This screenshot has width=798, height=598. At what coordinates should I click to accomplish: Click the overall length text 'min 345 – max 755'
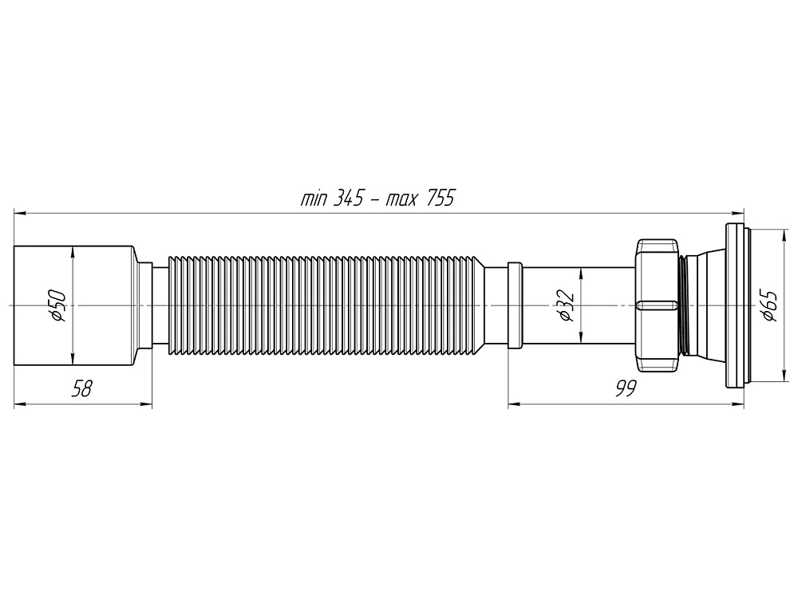[x=377, y=199]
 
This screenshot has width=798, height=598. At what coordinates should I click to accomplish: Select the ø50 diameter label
[x=57, y=306]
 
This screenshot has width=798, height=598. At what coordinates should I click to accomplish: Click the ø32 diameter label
[x=564, y=306]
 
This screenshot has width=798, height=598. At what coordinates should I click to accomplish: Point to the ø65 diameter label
[x=768, y=306]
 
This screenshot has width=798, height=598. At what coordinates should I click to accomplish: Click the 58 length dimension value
[x=82, y=389]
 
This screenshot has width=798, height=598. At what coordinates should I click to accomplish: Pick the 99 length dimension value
[x=626, y=389]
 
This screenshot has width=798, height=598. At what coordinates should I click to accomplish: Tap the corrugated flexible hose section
[x=327, y=305]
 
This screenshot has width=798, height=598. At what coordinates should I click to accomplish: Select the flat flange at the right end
[x=735, y=306]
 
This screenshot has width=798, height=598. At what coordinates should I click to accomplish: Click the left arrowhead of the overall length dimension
[x=19, y=213]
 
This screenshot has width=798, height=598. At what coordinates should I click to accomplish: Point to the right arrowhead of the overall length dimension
[x=740, y=213]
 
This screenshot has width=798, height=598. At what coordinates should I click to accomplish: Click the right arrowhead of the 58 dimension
[x=148, y=404]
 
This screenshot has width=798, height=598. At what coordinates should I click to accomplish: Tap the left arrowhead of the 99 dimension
[x=513, y=404]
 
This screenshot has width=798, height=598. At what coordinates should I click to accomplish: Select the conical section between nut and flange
[x=702, y=306]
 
